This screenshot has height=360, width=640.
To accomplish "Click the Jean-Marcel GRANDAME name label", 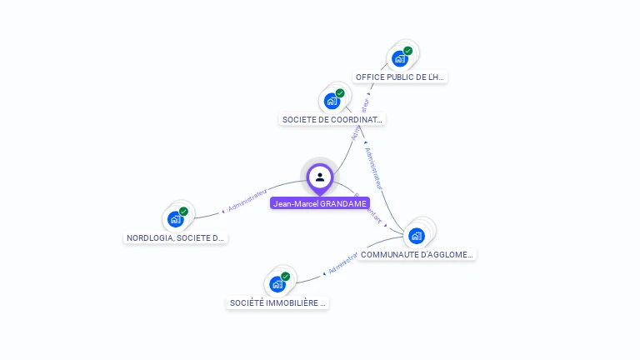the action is click(x=320, y=203).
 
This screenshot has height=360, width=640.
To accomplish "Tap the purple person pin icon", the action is click(x=320, y=177).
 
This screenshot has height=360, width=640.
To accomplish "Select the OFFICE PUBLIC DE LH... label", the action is click(x=400, y=77).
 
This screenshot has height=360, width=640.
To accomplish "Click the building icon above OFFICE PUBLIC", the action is click(x=400, y=58).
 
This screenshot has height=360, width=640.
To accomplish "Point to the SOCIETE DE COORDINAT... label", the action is click(x=332, y=119).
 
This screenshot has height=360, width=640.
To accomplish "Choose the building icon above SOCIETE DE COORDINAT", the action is click(x=332, y=102).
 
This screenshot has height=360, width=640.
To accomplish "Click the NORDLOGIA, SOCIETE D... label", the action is click(x=175, y=237).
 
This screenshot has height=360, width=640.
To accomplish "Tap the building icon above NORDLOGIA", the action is click(x=175, y=219).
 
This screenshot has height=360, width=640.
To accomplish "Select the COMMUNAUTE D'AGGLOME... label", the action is click(x=417, y=254).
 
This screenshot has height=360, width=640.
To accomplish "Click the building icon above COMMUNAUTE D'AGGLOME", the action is click(x=417, y=235).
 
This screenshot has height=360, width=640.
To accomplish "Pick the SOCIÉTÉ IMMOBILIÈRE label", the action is click(x=277, y=303).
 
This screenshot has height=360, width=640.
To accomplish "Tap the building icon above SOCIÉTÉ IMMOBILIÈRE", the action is click(x=277, y=284).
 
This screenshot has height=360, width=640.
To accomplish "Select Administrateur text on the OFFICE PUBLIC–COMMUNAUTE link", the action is click(x=372, y=169).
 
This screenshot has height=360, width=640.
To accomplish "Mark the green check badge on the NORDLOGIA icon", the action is click(x=183, y=212).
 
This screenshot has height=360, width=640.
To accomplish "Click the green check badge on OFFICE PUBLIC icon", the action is click(x=408, y=51).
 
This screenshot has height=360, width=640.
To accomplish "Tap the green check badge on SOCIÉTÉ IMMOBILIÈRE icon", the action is click(x=285, y=277).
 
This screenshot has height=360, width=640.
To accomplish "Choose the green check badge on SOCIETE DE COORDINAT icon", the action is click(x=340, y=93).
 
